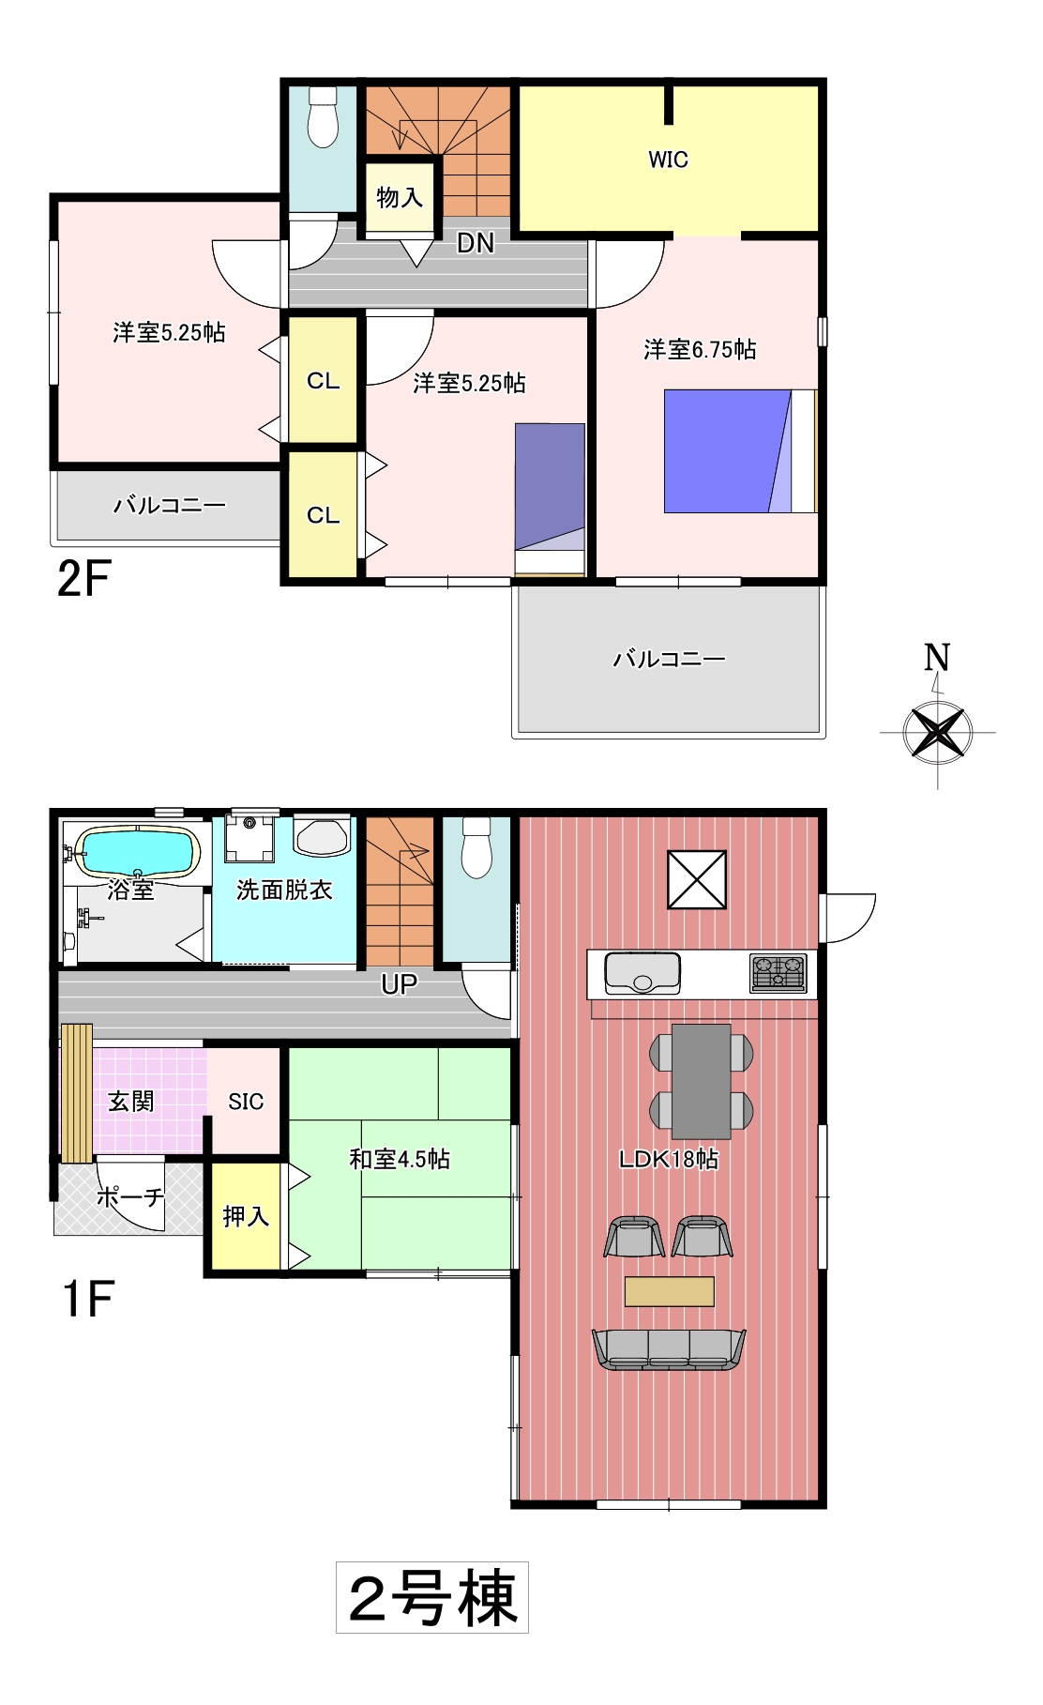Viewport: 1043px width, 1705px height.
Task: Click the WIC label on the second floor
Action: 668,160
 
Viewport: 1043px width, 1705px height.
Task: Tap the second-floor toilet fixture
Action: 323,116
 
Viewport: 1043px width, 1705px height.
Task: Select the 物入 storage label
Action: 400,197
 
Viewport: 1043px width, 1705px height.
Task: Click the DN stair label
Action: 476,243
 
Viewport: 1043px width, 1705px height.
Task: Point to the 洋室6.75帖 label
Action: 700,349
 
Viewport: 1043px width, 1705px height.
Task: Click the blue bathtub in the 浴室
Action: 139,852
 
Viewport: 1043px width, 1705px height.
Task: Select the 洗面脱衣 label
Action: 284,890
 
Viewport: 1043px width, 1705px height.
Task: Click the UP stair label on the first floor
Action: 400,984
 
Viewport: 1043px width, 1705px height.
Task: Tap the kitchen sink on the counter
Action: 642,972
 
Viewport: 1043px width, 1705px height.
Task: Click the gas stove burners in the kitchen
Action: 778,973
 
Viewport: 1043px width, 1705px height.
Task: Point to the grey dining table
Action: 702,1081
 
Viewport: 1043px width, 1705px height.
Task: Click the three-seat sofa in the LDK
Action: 669,1349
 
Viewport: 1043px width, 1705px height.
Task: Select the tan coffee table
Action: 670,1291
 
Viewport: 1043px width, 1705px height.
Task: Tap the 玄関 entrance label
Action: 130,1101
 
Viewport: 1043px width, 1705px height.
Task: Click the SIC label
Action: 246,1102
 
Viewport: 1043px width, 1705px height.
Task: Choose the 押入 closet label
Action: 246,1216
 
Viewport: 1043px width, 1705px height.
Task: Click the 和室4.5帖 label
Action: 400,1159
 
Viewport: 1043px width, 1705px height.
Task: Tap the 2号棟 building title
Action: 432,1597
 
